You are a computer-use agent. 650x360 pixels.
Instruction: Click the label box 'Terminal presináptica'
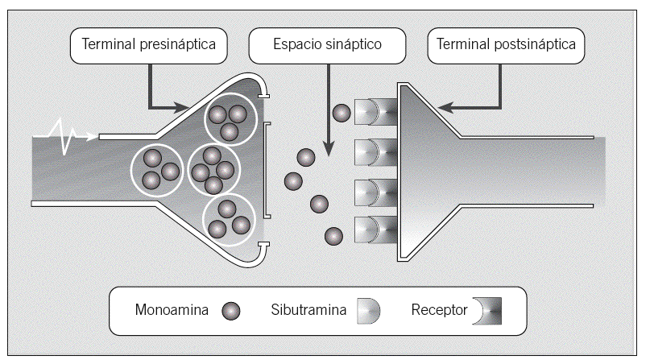click(150, 46)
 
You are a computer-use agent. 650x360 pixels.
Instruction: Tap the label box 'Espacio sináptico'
click(326, 46)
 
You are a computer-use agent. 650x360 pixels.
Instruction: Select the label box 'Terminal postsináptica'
click(506, 46)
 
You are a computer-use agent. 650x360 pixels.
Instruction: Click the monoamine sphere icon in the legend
click(231, 311)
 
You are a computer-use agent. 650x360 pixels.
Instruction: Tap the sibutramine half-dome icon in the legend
click(369, 311)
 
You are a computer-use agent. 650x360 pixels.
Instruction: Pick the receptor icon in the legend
click(490, 311)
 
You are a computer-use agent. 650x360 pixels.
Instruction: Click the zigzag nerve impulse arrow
click(66, 134)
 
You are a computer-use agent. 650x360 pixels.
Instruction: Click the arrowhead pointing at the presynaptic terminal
click(182, 106)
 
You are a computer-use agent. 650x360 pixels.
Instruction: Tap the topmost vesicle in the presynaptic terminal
click(230, 118)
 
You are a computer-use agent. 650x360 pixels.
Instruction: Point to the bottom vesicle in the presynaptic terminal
click(229, 219)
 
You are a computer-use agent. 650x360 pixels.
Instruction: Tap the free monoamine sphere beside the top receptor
click(342, 114)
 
